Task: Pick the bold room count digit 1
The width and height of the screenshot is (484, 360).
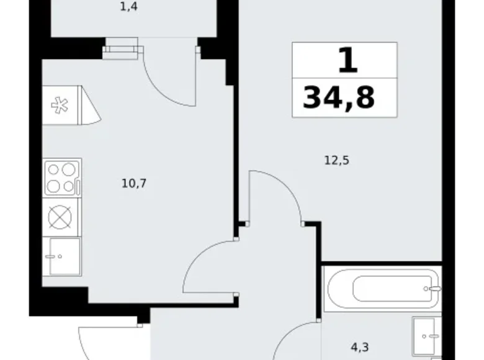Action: point(347,61)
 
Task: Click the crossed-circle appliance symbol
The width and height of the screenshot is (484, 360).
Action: point(60,217)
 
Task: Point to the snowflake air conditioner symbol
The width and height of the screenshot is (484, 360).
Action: point(60,105)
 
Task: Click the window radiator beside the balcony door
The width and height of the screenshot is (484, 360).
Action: point(120,48)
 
